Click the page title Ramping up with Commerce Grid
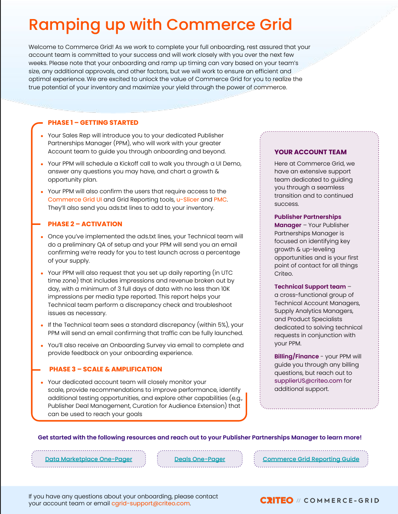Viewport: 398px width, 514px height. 160,24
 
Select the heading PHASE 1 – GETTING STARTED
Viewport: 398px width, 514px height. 93,123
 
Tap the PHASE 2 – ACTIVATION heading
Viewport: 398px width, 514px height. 85,224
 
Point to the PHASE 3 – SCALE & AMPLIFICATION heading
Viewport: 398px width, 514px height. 106,369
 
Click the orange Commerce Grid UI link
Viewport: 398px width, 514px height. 75,199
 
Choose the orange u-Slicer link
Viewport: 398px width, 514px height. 188,199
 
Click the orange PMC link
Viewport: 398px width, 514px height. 220,199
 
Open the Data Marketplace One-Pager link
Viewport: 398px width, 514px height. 88,459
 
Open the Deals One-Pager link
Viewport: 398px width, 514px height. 199,459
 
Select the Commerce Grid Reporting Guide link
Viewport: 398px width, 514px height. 311,459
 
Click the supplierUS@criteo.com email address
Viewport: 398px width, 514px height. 308,381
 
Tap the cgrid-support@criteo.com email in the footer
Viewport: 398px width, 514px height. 150,504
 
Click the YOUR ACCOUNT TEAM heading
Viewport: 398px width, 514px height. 310,152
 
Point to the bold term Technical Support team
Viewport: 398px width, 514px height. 310,286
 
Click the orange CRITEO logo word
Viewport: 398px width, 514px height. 277,501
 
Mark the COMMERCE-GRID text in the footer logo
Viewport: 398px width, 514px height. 341,501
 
